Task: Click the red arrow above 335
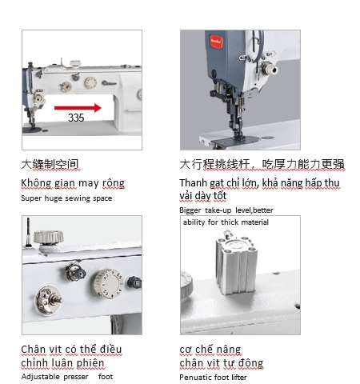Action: point(78,108)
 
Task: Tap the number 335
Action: point(76,118)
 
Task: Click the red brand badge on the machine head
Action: point(216,42)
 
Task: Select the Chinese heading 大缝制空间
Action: point(50,164)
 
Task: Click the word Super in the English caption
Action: point(31,198)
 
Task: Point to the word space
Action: point(102,198)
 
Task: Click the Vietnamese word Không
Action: point(36,183)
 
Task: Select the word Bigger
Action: point(190,210)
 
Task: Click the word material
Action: point(255,222)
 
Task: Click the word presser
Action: point(76,377)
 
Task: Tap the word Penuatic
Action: point(194,378)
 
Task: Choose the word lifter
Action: point(239,378)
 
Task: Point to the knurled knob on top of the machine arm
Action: point(49,237)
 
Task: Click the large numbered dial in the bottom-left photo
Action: point(109,283)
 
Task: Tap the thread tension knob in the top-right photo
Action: point(270,68)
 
